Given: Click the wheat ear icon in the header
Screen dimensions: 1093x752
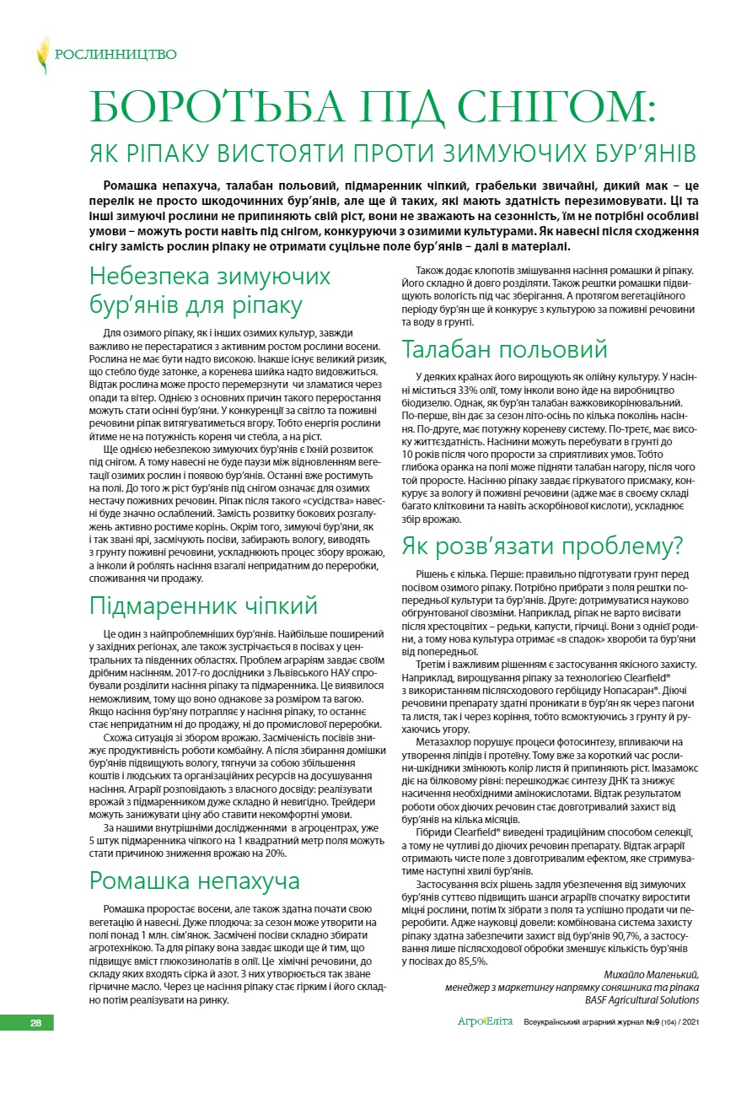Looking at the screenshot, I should coord(42,55).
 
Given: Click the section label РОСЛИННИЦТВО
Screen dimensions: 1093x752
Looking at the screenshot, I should coord(115,55).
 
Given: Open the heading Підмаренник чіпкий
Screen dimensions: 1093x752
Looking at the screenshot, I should coord(203,606).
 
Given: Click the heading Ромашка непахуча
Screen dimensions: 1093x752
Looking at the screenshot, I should coord(195,880).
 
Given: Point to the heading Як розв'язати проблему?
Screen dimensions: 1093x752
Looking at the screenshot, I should coord(542,545).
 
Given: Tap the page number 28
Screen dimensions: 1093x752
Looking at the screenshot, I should coord(35,1023).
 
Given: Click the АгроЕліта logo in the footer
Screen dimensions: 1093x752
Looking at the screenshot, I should coord(485,1023).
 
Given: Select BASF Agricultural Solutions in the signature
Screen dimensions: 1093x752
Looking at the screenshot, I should coord(642,999).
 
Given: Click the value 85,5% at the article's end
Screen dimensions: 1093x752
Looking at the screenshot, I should coord(470,961).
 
